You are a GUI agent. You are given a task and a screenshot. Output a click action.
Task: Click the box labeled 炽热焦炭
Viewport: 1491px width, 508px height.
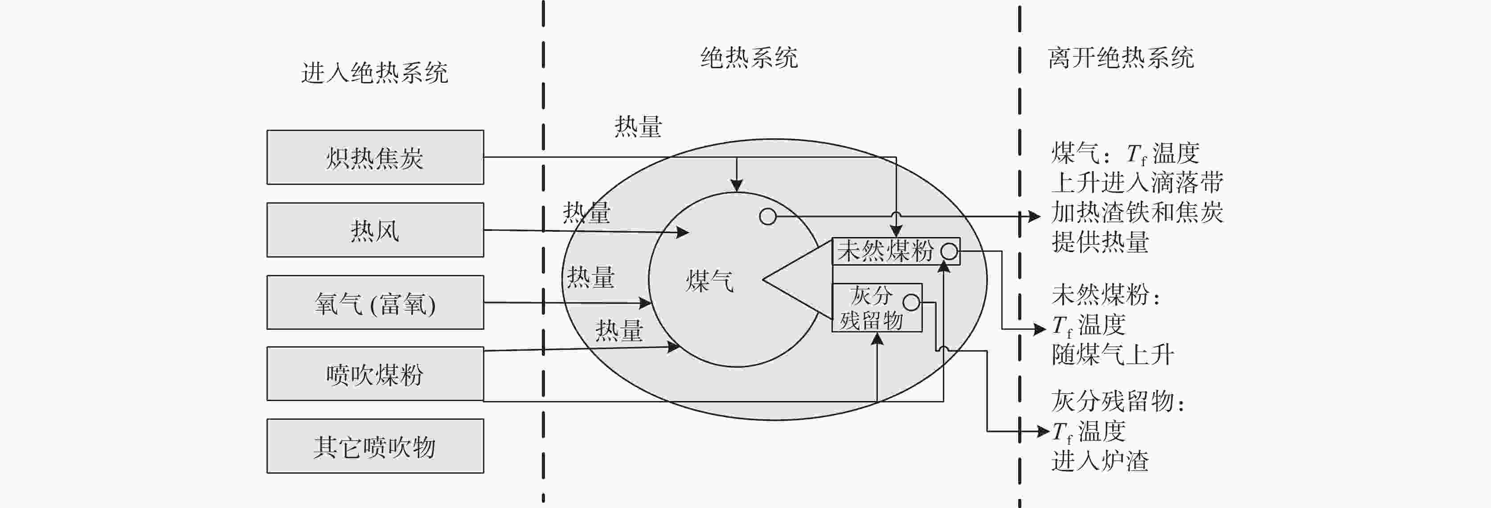(x=375, y=157)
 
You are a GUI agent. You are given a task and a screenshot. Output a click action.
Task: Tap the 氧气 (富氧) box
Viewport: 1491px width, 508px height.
(x=375, y=303)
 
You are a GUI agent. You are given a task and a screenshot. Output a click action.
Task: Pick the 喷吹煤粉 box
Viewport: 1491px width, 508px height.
(x=375, y=374)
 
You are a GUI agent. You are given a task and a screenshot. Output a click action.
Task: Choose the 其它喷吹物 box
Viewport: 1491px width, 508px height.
(x=375, y=446)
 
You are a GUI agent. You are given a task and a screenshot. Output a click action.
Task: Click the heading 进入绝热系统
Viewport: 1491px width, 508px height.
(x=374, y=73)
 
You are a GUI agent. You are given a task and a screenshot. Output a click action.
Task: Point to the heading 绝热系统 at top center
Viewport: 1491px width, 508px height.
(x=749, y=58)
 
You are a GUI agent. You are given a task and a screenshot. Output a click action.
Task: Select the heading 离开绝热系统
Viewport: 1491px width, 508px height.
(x=1121, y=58)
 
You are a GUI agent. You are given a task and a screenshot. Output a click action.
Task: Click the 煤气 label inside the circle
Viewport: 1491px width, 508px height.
(x=709, y=282)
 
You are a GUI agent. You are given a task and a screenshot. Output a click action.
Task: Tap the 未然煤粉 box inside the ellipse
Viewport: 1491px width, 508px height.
(x=885, y=251)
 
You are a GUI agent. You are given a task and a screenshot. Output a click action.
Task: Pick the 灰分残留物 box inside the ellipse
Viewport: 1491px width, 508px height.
(x=872, y=308)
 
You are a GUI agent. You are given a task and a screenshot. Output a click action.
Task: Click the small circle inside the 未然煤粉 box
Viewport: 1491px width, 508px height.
(x=949, y=252)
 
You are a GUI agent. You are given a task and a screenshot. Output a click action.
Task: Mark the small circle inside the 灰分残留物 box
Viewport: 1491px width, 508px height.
(x=911, y=302)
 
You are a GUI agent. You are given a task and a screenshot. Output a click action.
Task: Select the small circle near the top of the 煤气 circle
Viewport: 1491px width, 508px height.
(x=767, y=217)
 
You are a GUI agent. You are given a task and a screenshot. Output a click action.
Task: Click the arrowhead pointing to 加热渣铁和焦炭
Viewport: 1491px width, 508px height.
(x=1034, y=217)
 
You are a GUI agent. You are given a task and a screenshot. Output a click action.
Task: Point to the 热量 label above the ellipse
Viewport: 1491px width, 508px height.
(x=638, y=127)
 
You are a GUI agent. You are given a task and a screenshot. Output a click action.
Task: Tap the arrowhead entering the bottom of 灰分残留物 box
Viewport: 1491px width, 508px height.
(x=877, y=339)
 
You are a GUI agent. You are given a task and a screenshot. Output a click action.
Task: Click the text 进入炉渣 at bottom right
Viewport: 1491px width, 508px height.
(x=1100, y=461)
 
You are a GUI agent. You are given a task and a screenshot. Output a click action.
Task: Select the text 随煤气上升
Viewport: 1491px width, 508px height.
(x=1113, y=355)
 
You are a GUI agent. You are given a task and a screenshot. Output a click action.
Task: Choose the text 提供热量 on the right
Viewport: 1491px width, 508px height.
(x=1100, y=242)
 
